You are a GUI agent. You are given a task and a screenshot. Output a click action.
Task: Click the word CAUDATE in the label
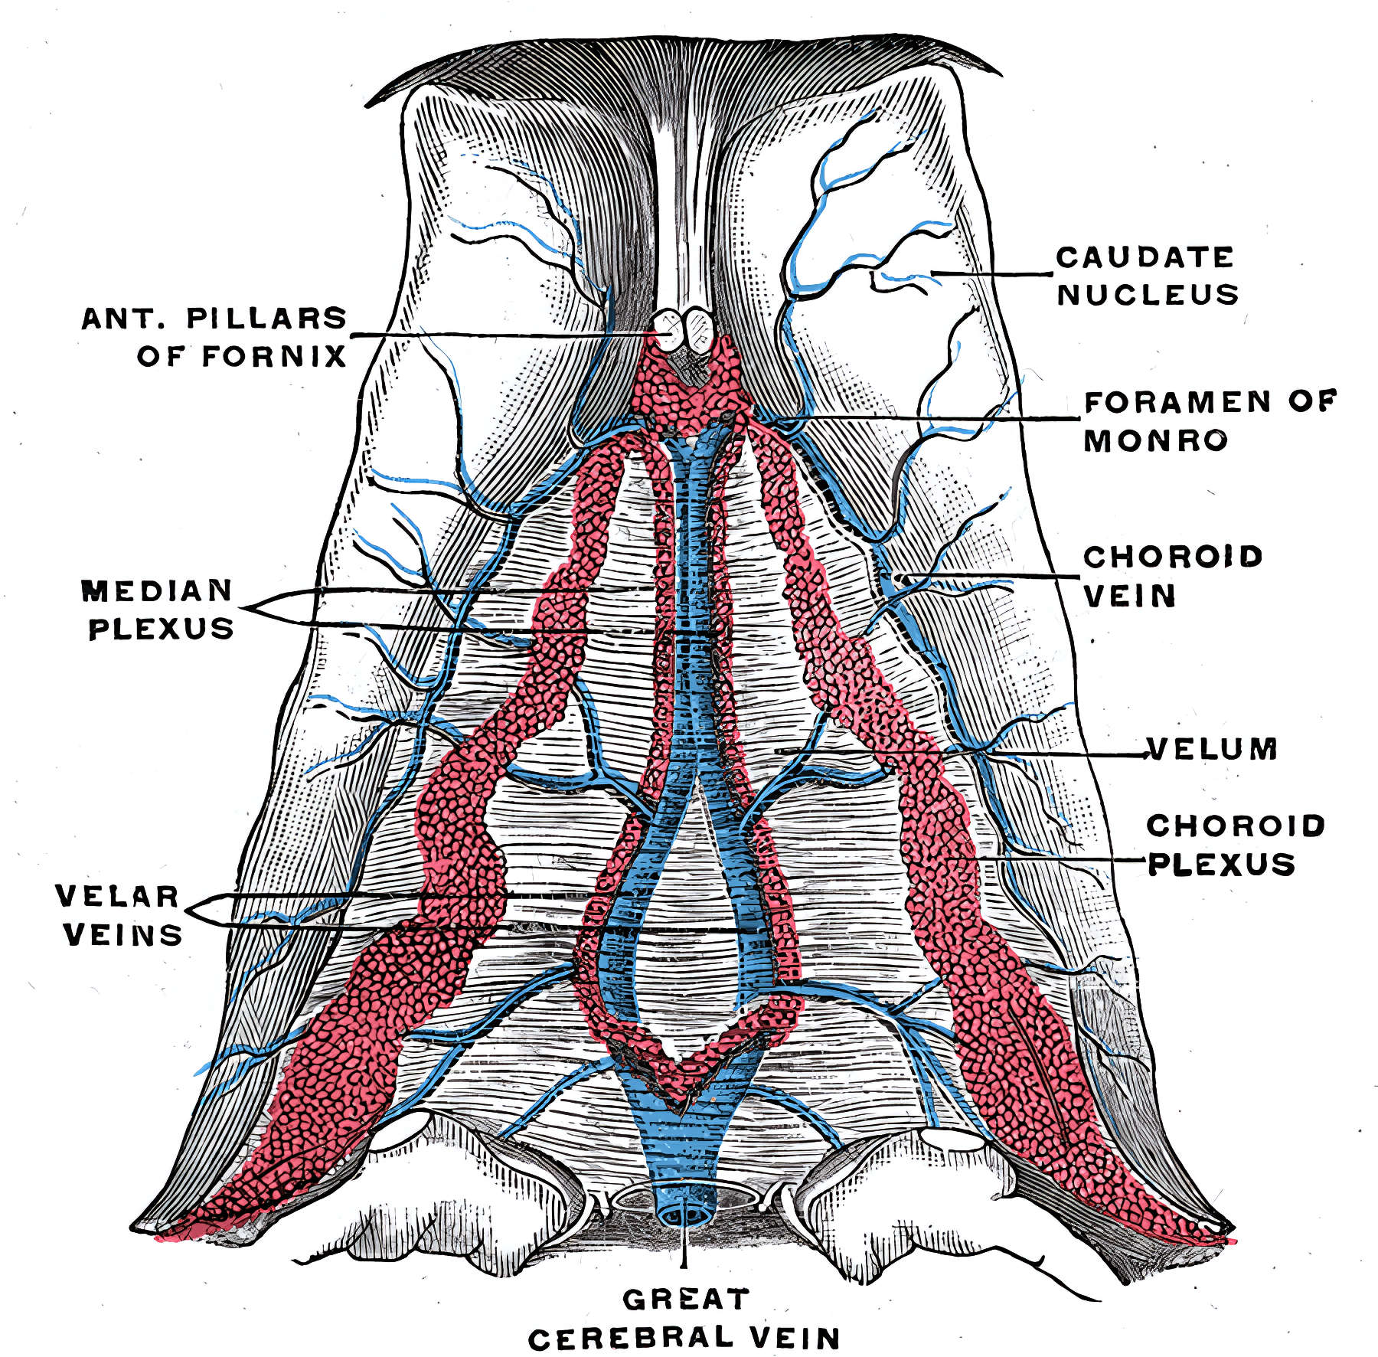tap(1145, 257)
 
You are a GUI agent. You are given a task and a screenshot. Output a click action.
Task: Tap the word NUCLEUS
tap(1148, 295)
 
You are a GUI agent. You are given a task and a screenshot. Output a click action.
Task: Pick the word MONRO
tap(1156, 440)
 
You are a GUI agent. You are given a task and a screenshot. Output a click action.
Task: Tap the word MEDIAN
tap(157, 590)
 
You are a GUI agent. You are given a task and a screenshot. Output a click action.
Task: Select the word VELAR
tap(116, 897)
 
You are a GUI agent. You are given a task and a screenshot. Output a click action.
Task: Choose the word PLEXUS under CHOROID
tap(1222, 864)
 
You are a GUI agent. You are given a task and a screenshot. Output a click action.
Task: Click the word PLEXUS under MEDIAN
tap(162, 629)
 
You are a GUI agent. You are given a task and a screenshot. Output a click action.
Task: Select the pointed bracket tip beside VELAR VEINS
tap(184, 912)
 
